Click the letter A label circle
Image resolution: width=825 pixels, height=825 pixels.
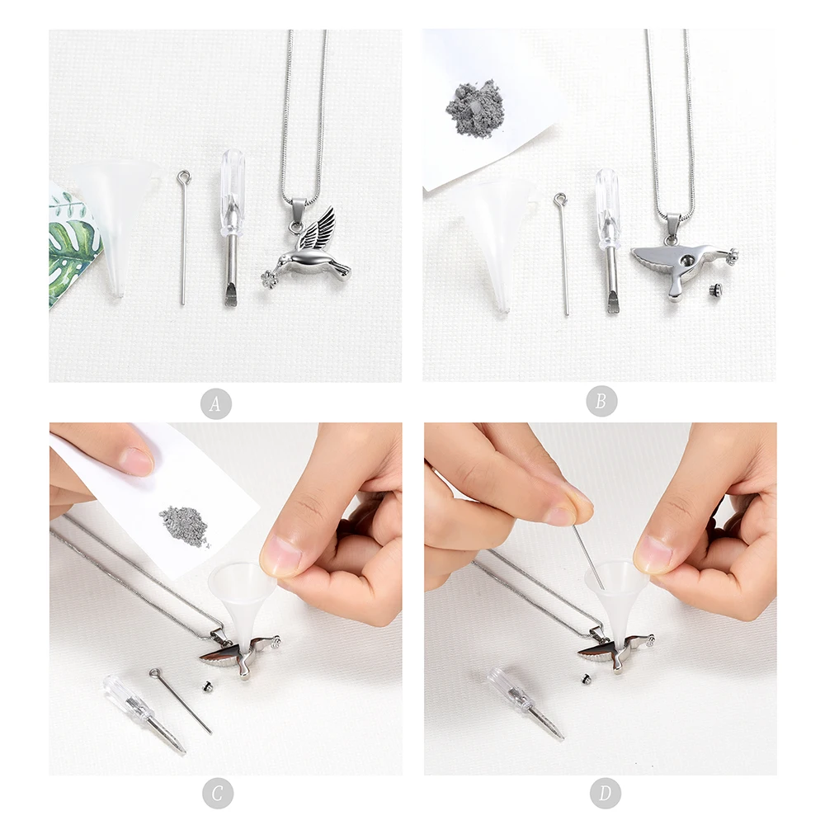[x=215, y=403]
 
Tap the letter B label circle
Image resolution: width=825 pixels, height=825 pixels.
[x=601, y=402]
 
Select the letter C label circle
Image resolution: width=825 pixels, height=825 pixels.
[x=218, y=793]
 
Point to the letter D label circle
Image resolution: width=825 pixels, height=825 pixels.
[x=605, y=793]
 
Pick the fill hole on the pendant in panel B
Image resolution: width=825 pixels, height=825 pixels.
[x=687, y=261]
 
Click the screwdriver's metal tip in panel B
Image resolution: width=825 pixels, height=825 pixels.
[x=612, y=303]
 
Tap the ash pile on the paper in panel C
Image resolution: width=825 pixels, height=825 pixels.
[x=185, y=524]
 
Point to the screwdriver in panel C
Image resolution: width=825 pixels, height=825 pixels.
[x=143, y=714]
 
